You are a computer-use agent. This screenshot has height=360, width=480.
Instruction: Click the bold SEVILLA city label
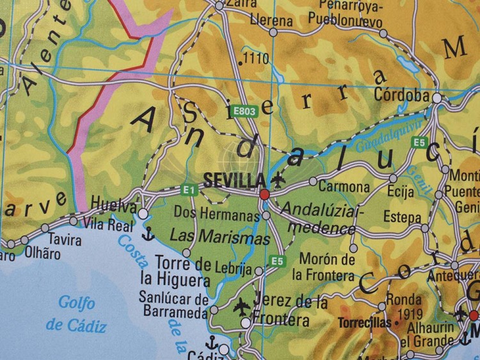(234, 180)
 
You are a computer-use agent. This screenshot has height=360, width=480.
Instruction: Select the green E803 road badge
(244, 111)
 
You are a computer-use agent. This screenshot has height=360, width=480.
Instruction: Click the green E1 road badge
(188, 190)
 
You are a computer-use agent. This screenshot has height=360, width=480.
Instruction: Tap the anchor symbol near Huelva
(148, 234)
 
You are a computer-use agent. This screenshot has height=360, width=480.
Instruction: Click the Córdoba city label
(401, 95)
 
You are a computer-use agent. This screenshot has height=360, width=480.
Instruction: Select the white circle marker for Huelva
(143, 213)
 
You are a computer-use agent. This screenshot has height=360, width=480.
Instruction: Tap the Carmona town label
(344, 187)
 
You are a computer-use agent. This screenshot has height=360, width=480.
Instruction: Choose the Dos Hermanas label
(217, 215)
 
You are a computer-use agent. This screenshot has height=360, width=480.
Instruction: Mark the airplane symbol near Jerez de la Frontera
(242, 306)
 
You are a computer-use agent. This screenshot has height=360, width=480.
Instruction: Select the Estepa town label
(402, 217)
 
